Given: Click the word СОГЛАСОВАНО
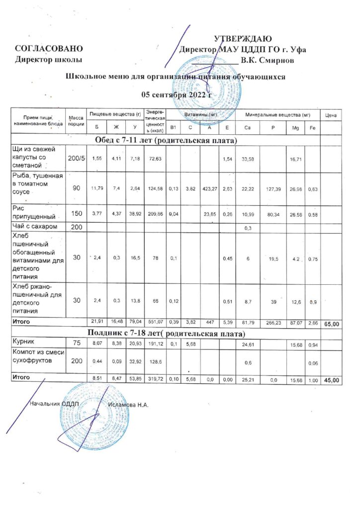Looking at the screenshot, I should pyautogui.click(x=48, y=49).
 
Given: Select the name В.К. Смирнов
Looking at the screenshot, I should pyautogui.click(x=267, y=61).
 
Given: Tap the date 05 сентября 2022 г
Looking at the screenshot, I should pyautogui.click(x=177, y=94).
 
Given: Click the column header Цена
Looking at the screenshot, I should pyautogui.click(x=331, y=115).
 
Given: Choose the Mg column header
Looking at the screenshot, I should pyautogui.click(x=295, y=128).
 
